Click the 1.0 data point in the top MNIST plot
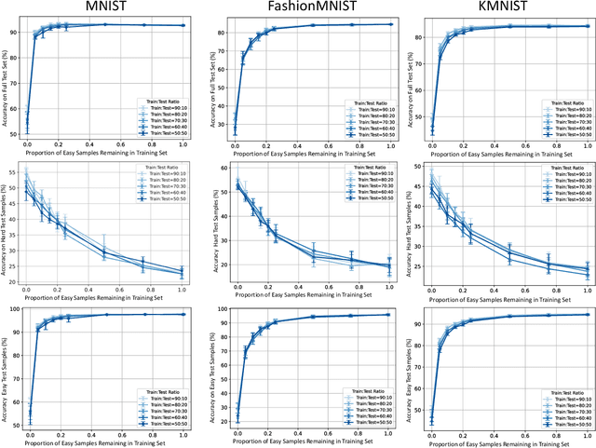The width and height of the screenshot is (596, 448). (183, 26)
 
